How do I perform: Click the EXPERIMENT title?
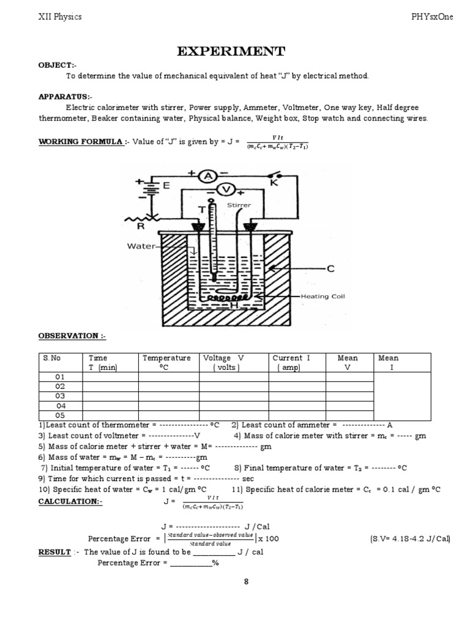pyautogui.click(x=231, y=51)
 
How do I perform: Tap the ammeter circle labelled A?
pyautogui.click(x=208, y=176)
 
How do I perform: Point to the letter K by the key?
pyautogui.click(x=274, y=182)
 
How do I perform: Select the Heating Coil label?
pyautogui.click(x=323, y=296)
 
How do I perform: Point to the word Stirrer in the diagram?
pyautogui.click(x=239, y=206)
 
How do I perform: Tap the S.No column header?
pyautogui.click(x=52, y=358)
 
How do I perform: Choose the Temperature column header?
pyautogui.click(x=166, y=358)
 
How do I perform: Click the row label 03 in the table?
pyautogui.click(x=60, y=396)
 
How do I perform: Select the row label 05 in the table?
pyautogui.click(x=60, y=415)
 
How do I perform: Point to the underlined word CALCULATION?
pyautogui.click(x=70, y=501)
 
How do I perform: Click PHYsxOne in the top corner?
pyautogui.click(x=433, y=17)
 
